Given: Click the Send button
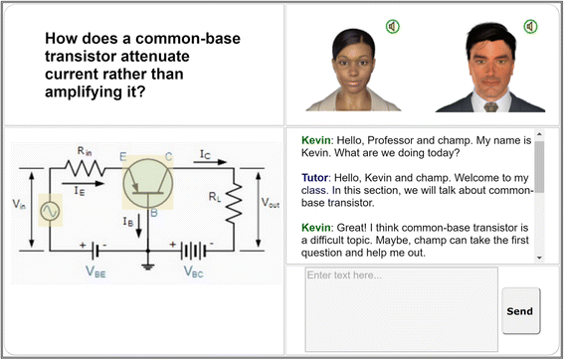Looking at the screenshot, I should click(x=520, y=310).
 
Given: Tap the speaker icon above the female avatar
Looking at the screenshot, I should click(x=393, y=26).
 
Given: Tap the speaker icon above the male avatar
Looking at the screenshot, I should click(x=530, y=26).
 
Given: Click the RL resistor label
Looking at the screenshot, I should click(x=214, y=198).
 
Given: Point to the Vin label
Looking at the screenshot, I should click(x=19, y=205).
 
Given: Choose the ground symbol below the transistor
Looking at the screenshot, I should click(x=146, y=264).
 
